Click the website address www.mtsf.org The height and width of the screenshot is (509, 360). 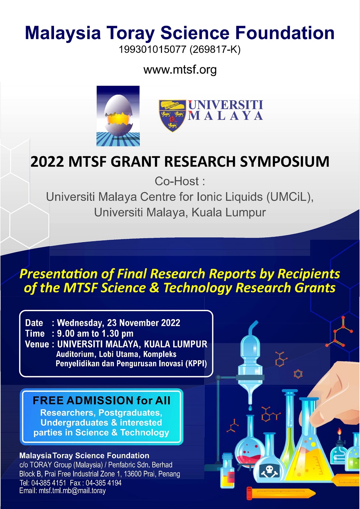click(180, 70)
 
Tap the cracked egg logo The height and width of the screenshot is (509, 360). click(118, 116)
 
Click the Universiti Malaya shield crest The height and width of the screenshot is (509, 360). click(172, 115)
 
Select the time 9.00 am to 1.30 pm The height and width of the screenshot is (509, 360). click(95, 333)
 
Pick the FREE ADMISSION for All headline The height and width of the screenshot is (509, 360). click(101, 400)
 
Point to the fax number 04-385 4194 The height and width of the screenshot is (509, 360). click(103, 483)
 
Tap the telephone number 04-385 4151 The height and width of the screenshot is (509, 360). click(49, 483)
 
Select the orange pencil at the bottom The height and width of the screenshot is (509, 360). click(281, 494)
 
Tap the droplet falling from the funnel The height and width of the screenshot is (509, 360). click(250, 408)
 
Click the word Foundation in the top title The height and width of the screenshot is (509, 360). click(285, 33)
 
